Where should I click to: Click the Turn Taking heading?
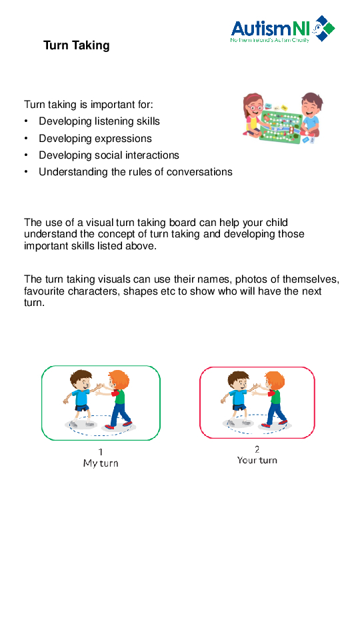point(76,45)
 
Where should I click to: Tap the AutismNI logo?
point(282,29)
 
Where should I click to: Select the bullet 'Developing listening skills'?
point(99,121)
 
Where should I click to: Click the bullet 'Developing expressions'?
point(95,139)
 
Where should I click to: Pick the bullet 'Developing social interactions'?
point(109,155)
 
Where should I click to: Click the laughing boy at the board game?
point(309,112)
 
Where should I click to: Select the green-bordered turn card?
point(101,403)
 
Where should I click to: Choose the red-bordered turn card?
point(257,402)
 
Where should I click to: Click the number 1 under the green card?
point(101,451)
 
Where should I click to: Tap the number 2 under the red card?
point(257,449)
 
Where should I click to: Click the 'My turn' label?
point(101,463)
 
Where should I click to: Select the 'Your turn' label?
point(257,461)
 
